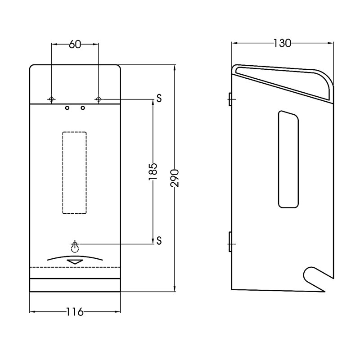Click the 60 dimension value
click(x=75, y=44)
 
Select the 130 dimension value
click(x=282, y=43)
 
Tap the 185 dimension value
click(x=153, y=171)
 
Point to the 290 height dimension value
click(x=175, y=178)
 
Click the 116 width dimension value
click(x=75, y=312)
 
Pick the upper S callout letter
click(x=159, y=98)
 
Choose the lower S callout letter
click(x=159, y=241)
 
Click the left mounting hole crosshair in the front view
click(x=51, y=99)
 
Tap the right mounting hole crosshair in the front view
click(x=99, y=99)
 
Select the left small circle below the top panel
click(x=67, y=108)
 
